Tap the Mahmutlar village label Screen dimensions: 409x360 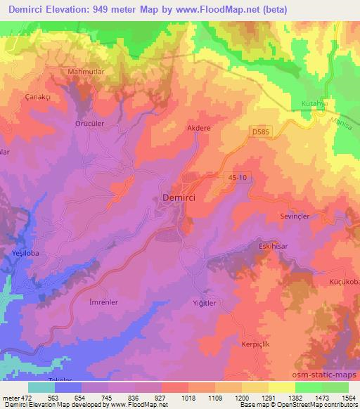87,72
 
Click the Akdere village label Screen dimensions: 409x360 199,129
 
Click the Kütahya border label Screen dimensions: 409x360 307,102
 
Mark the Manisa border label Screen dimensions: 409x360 342,122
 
